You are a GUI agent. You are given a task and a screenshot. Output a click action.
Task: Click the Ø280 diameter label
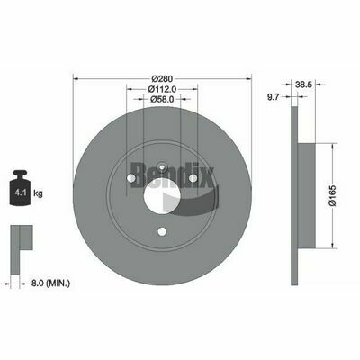pyautogui.click(x=162, y=79)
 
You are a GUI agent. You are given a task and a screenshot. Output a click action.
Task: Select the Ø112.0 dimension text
pyautogui.click(x=162, y=89)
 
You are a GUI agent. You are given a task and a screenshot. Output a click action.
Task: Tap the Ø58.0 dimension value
pyautogui.click(x=162, y=99)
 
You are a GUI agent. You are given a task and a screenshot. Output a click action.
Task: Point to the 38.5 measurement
pyautogui.click(x=304, y=85)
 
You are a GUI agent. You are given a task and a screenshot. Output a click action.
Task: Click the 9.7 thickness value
pyautogui.click(x=274, y=96)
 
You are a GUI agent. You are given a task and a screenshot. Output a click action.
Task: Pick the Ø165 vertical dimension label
pyautogui.click(x=333, y=195)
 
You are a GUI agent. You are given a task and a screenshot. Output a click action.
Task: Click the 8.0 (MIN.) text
pyautogui.click(x=50, y=283)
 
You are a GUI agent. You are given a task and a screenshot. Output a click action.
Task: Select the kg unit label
pyautogui.click(x=38, y=193)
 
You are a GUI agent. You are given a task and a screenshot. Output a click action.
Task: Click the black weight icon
pyautogui.click(x=21, y=188)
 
